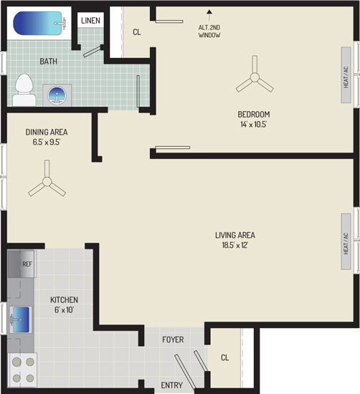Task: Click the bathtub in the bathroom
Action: coord(39,24)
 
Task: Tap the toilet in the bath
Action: coord(24,90)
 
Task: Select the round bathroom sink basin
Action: coord(57,95)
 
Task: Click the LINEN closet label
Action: coord(90,20)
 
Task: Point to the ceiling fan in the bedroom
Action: coord(255,77)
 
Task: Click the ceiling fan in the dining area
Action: coord(47,181)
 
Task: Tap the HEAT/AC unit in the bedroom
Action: coord(346,75)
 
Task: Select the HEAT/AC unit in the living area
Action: coord(346,241)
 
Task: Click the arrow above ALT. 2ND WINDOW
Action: coord(209,16)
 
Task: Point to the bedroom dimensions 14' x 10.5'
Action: coord(254,125)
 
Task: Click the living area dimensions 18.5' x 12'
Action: coord(235,245)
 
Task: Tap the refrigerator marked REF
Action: coord(22,264)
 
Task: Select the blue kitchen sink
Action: coord(21,320)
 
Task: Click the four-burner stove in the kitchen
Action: coord(23,370)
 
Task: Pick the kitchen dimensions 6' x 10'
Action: coord(64,309)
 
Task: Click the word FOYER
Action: coord(173,340)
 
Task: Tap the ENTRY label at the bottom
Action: coord(172,385)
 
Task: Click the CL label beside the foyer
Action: coord(224,357)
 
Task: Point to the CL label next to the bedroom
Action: coord(137,32)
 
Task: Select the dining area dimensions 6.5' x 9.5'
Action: coord(47,143)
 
